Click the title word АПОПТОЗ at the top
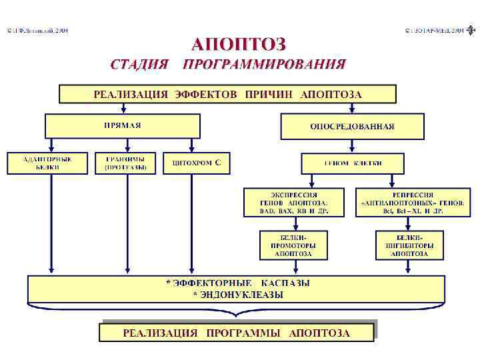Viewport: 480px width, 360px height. click(x=239, y=45)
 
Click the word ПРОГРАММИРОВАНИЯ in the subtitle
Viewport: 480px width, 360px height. click(x=265, y=65)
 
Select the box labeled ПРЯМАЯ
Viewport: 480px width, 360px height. click(x=122, y=125)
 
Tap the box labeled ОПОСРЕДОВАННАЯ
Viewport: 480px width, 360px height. click(x=352, y=126)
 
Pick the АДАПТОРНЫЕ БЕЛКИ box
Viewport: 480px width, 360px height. click(x=47, y=163)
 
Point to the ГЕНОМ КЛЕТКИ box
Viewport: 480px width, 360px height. click(x=353, y=163)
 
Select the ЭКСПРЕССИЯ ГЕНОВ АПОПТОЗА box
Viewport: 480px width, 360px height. click(x=294, y=202)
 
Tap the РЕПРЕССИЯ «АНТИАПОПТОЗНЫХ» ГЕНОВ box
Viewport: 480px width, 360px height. click(x=411, y=202)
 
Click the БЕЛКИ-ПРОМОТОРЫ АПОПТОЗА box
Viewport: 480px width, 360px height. click(x=291, y=245)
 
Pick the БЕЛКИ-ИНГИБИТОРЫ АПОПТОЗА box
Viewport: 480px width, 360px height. click(x=409, y=245)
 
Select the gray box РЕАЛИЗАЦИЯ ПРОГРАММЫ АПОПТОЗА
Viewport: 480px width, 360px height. click(x=236, y=332)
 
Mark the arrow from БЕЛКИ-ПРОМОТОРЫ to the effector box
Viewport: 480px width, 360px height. click(x=291, y=267)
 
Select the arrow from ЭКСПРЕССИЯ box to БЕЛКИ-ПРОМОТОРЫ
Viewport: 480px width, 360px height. click(x=291, y=223)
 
